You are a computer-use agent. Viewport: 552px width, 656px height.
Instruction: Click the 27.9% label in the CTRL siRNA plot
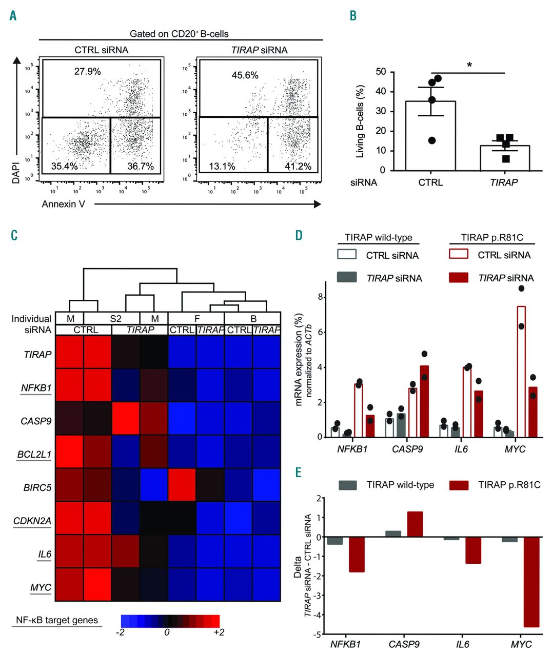coord(87,71)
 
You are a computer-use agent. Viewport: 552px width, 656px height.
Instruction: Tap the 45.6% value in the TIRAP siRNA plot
coord(245,75)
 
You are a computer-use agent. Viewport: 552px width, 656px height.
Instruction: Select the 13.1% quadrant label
coord(222,167)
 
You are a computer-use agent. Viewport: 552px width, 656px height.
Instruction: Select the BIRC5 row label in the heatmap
coord(39,487)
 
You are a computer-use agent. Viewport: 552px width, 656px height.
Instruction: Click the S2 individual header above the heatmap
coord(116,319)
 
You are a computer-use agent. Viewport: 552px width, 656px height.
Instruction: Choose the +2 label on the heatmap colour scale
coord(219,632)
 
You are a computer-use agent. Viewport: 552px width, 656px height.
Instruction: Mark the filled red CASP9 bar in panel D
coord(424,401)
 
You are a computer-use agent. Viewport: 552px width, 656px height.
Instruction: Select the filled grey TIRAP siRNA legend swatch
coord(347,277)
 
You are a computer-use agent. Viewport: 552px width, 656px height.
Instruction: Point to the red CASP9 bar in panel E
coord(415,524)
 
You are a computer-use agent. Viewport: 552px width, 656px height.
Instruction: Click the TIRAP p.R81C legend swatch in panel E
coord(458,485)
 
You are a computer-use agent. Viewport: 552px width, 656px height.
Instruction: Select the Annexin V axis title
coord(64,204)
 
